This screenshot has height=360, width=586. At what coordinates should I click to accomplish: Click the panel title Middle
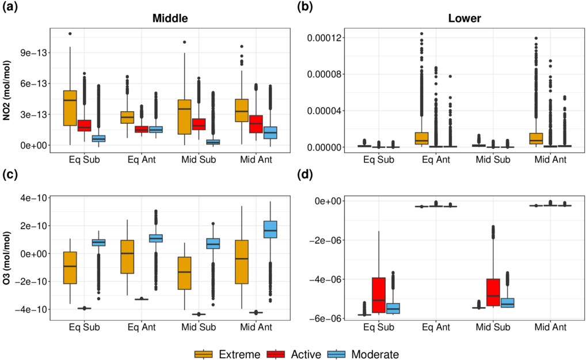click(x=170, y=18)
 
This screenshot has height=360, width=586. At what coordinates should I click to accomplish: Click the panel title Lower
click(x=465, y=18)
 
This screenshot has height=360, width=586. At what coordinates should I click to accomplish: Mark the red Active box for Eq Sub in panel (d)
click(x=378, y=295)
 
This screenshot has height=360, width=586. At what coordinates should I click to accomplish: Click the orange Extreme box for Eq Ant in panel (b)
click(x=421, y=138)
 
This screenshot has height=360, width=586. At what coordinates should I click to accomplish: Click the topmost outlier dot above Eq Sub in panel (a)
click(x=70, y=33)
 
